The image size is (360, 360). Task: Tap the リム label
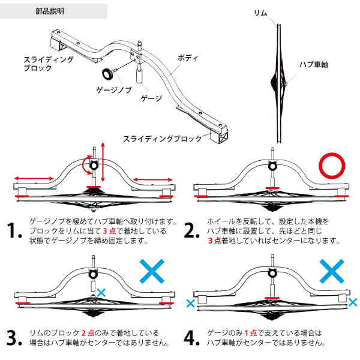coord(260,13)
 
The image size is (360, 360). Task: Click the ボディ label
coord(188,58)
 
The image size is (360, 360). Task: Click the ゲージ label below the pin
coord(151,98)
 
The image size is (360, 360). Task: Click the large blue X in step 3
coord(155,272)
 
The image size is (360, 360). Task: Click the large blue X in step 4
coord(331,272)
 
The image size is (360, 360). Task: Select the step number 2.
coord(191,231)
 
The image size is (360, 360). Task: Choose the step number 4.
coord(191,337)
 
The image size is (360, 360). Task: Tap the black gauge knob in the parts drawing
coord(110,74)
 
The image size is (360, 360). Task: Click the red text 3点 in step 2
coord(215,241)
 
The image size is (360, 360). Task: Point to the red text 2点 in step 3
coord(89,332)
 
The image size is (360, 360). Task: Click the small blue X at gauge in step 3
coord(101,292)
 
